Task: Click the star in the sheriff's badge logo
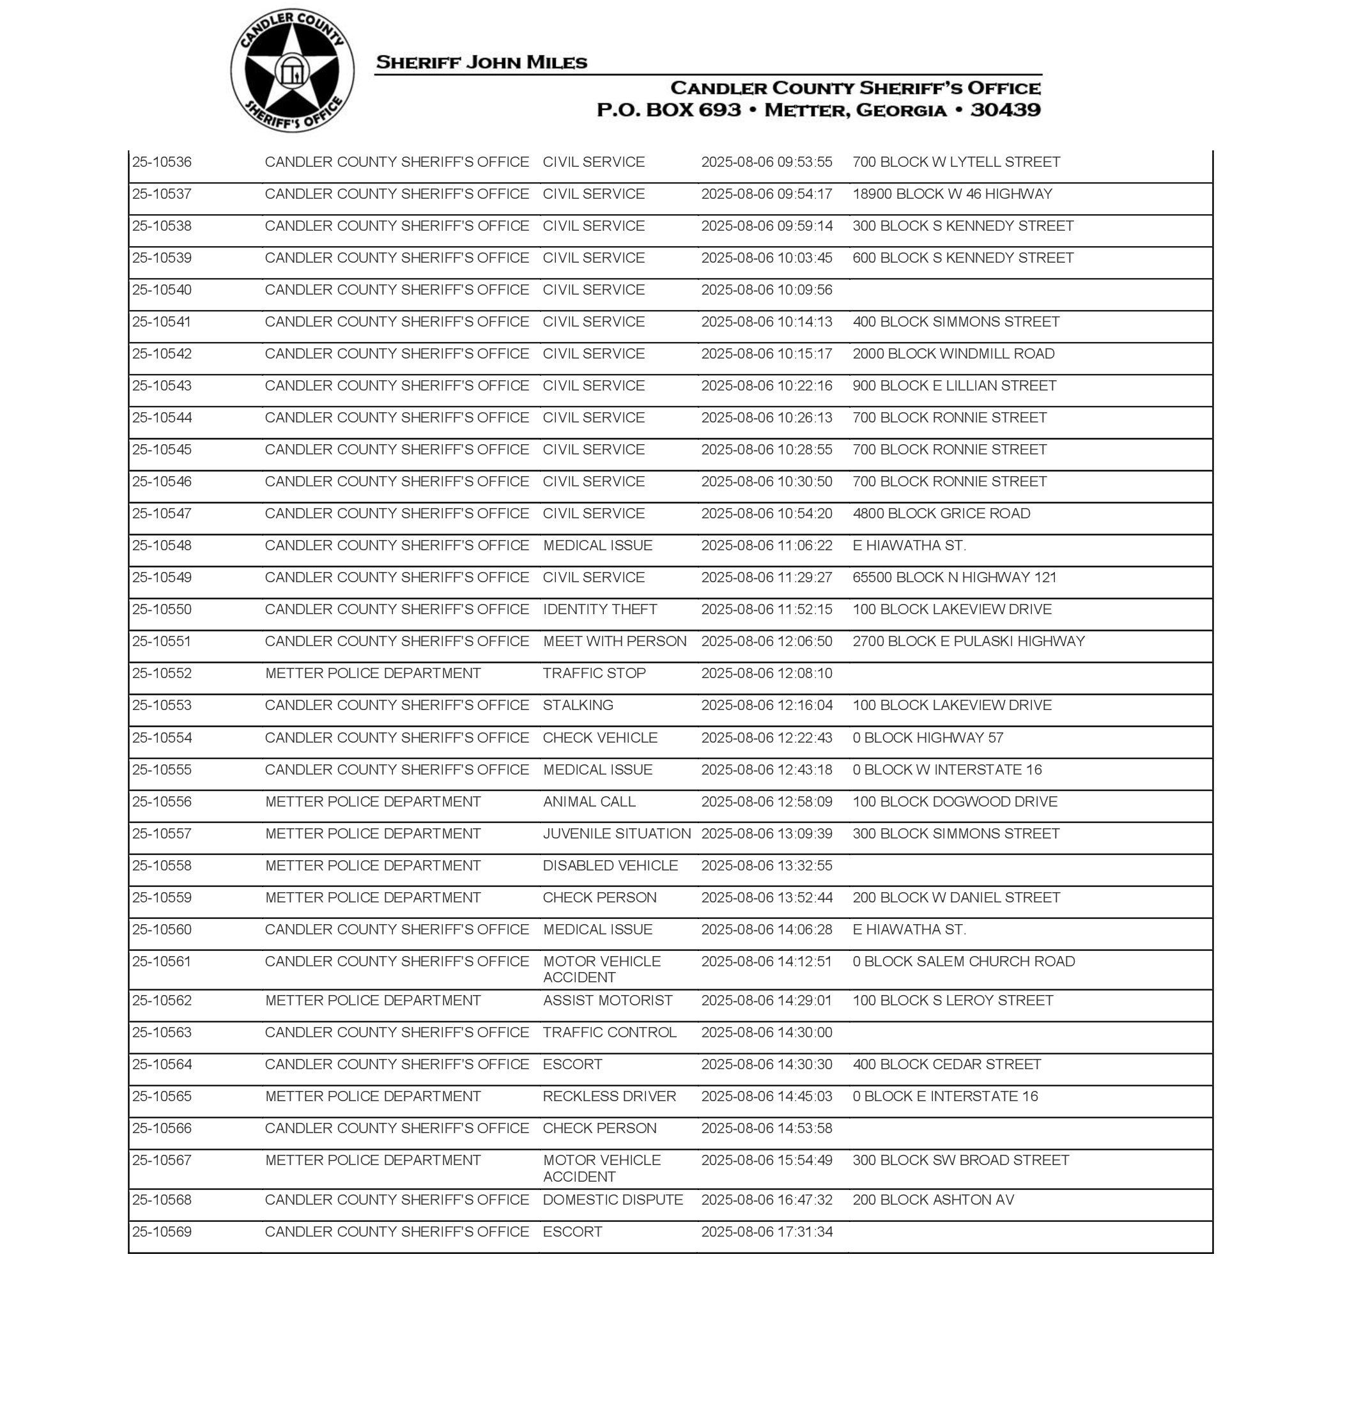click(292, 71)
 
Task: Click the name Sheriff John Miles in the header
click(481, 63)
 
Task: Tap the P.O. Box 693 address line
click(818, 111)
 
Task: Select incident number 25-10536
click(162, 162)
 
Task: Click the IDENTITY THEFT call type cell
click(599, 610)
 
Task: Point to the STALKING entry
click(578, 706)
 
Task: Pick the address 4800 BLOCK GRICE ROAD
click(941, 513)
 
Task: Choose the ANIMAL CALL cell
click(588, 801)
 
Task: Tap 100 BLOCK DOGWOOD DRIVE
click(954, 801)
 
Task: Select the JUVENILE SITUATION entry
click(617, 834)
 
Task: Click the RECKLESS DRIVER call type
click(609, 1096)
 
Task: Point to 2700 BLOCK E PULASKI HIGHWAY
click(968, 641)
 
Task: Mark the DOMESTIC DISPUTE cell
click(612, 1200)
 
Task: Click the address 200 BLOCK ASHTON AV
click(933, 1200)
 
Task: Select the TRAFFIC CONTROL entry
click(610, 1033)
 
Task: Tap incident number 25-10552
click(162, 673)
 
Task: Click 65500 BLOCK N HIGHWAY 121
click(954, 577)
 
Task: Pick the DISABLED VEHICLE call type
click(610, 865)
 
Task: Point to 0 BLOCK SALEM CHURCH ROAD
click(964, 961)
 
